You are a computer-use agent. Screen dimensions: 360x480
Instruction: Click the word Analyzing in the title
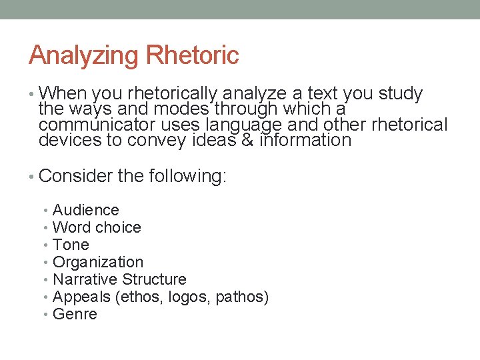74,56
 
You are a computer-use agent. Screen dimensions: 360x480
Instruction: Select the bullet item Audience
85,210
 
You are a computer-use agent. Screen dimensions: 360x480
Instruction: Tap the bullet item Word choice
97,227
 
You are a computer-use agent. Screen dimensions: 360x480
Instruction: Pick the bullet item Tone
71,245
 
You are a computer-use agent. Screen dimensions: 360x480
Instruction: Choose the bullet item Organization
98,262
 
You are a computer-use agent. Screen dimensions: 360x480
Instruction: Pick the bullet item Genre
75,314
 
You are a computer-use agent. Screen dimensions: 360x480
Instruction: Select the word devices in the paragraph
68,140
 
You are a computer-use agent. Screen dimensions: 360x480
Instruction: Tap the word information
305,140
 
